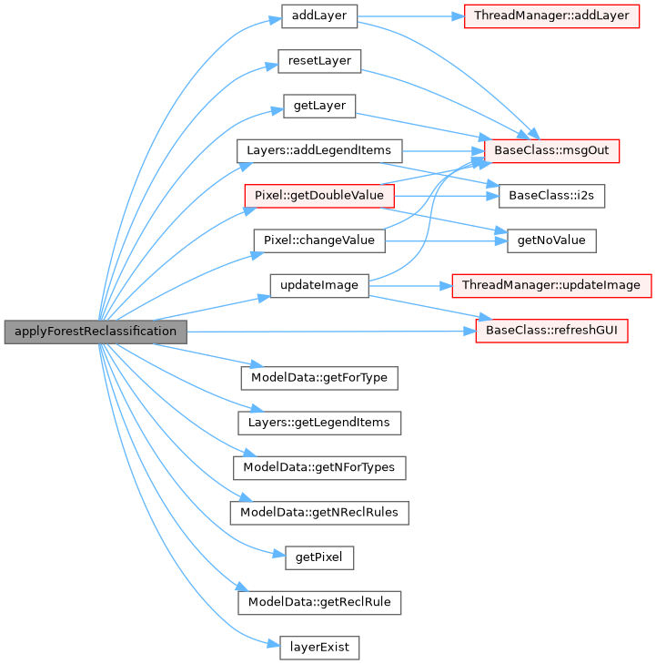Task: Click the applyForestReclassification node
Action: click(x=96, y=331)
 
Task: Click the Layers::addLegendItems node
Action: click(x=318, y=150)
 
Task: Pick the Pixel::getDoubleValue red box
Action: click(x=318, y=195)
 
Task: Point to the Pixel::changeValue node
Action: click(x=318, y=240)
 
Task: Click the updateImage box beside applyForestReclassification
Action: click(x=318, y=285)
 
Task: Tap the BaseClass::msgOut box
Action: click(x=552, y=150)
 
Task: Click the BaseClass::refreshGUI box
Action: click(x=552, y=331)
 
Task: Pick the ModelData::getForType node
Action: click(x=318, y=376)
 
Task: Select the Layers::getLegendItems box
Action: click(x=318, y=422)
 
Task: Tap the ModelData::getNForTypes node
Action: click(x=318, y=467)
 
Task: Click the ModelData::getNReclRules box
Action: click(x=318, y=513)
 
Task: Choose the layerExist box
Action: click(x=318, y=648)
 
